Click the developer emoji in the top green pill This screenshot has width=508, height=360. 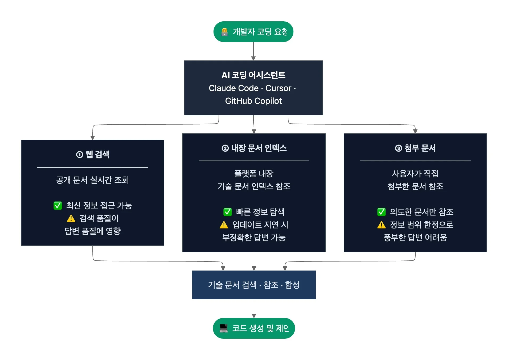224,32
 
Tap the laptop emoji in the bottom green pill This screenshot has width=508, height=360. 223,328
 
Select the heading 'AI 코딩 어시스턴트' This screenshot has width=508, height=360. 253,75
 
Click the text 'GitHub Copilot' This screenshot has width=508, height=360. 253,101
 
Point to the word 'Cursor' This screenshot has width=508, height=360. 278,88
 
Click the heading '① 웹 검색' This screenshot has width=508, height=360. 93,154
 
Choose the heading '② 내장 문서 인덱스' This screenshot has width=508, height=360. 254,148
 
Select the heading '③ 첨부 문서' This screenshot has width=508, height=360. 415,148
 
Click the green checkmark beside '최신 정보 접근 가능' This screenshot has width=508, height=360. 58,206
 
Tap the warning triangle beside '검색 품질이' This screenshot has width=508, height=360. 71,218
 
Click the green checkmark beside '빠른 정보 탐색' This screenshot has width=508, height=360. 227,212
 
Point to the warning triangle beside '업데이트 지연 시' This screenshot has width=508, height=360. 224,225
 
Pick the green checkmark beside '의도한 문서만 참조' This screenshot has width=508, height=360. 381,212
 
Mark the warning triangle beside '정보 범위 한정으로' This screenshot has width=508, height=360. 381,225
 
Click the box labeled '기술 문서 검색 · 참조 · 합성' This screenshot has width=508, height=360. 254,285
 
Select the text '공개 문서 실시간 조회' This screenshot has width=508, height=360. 93,180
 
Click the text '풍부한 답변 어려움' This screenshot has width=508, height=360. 415,237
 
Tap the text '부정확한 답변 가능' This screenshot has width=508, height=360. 254,237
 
